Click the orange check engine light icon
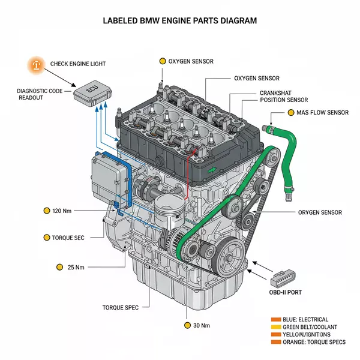pyautogui.click(x=36, y=65)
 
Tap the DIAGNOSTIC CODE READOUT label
pyautogui.click(x=39, y=94)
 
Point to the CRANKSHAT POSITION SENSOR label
pyautogui.click(x=284, y=97)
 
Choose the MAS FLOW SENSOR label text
pyautogui.click(x=322, y=112)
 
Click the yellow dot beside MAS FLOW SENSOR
pyautogui.click(x=291, y=112)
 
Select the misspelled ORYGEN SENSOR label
pyautogui.click(x=320, y=212)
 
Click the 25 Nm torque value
pyautogui.click(x=76, y=267)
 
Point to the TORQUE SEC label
pyautogui.click(x=68, y=238)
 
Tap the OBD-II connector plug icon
pyautogui.click(x=285, y=277)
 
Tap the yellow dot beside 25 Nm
pyautogui.click(x=59, y=267)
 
